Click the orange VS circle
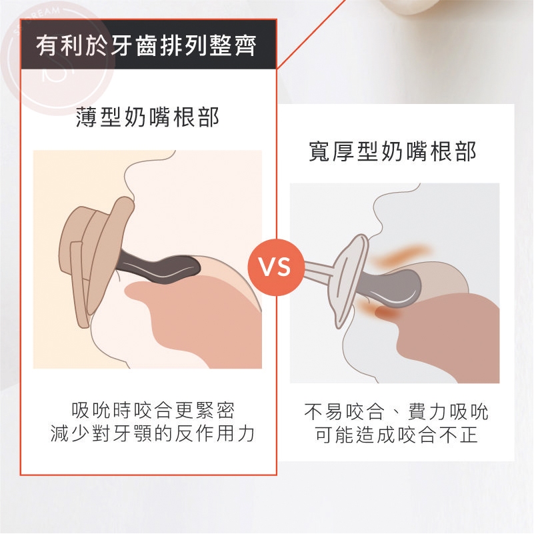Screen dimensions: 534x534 [276, 267]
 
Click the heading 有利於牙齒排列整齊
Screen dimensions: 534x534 [147, 46]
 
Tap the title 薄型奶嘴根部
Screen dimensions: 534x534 [147, 117]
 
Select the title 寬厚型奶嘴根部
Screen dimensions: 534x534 [392, 151]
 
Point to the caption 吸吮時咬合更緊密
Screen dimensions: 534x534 [153, 410]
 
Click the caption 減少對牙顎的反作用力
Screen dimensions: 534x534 [153, 433]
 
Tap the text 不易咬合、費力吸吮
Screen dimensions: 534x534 [396, 411]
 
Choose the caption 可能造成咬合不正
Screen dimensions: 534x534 [396, 435]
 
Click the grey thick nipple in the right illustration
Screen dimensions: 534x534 [395, 285]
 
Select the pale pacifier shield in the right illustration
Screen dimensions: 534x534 [351, 279]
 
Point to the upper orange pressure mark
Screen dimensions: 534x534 [401, 255]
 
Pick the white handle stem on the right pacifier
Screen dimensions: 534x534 [319, 272]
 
